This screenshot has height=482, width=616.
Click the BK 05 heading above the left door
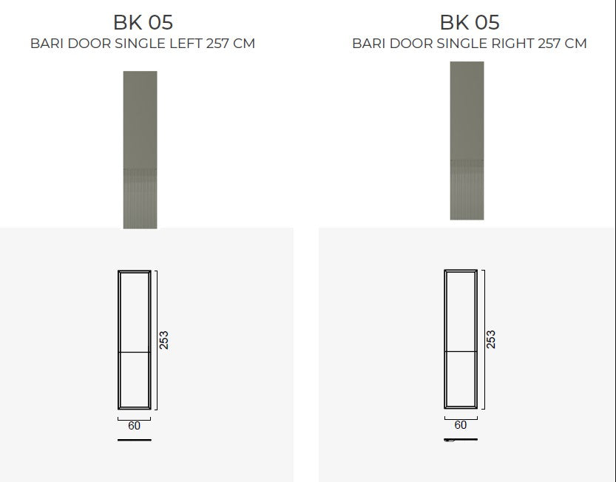point(143,22)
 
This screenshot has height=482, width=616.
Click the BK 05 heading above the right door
point(470,22)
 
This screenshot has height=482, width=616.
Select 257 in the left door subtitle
point(217,43)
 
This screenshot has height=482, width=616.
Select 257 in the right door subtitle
point(549,43)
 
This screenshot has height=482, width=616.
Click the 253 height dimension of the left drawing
point(164,340)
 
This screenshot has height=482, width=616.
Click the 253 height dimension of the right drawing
point(491,339)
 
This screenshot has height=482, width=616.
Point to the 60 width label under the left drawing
point(134,426)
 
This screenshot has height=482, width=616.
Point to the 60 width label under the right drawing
point(461,425)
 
